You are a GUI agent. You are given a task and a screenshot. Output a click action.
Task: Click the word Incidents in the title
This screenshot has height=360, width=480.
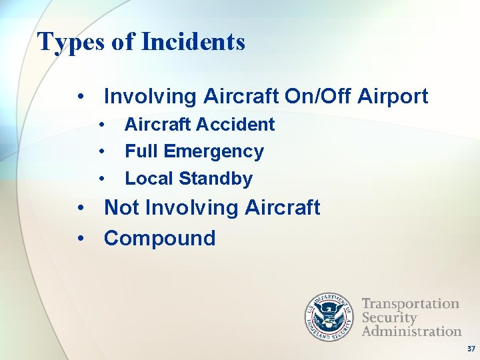click(193, 42)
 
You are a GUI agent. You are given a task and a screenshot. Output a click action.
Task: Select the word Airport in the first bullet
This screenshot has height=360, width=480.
click(393, 97)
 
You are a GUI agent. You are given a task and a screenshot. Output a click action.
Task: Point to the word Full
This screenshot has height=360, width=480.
click(141, 151)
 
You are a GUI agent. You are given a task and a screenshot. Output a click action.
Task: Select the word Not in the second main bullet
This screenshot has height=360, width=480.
click(121, 207)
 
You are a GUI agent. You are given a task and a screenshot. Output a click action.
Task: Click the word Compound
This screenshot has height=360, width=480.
click(160, 238)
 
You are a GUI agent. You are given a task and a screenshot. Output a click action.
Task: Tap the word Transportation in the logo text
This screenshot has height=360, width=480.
click(410, 304)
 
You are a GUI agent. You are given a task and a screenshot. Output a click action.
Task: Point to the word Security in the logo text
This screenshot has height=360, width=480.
click(389, 317)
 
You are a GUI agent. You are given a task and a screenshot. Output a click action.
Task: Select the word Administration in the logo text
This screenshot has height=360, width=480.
click(411, 331)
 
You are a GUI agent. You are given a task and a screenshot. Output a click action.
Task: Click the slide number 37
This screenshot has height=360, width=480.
click(471, 349)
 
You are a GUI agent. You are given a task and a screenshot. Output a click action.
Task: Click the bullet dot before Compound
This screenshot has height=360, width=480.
click(81, 239)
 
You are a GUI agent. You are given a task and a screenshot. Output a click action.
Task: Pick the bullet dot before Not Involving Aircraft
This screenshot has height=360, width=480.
click(81, 208)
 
